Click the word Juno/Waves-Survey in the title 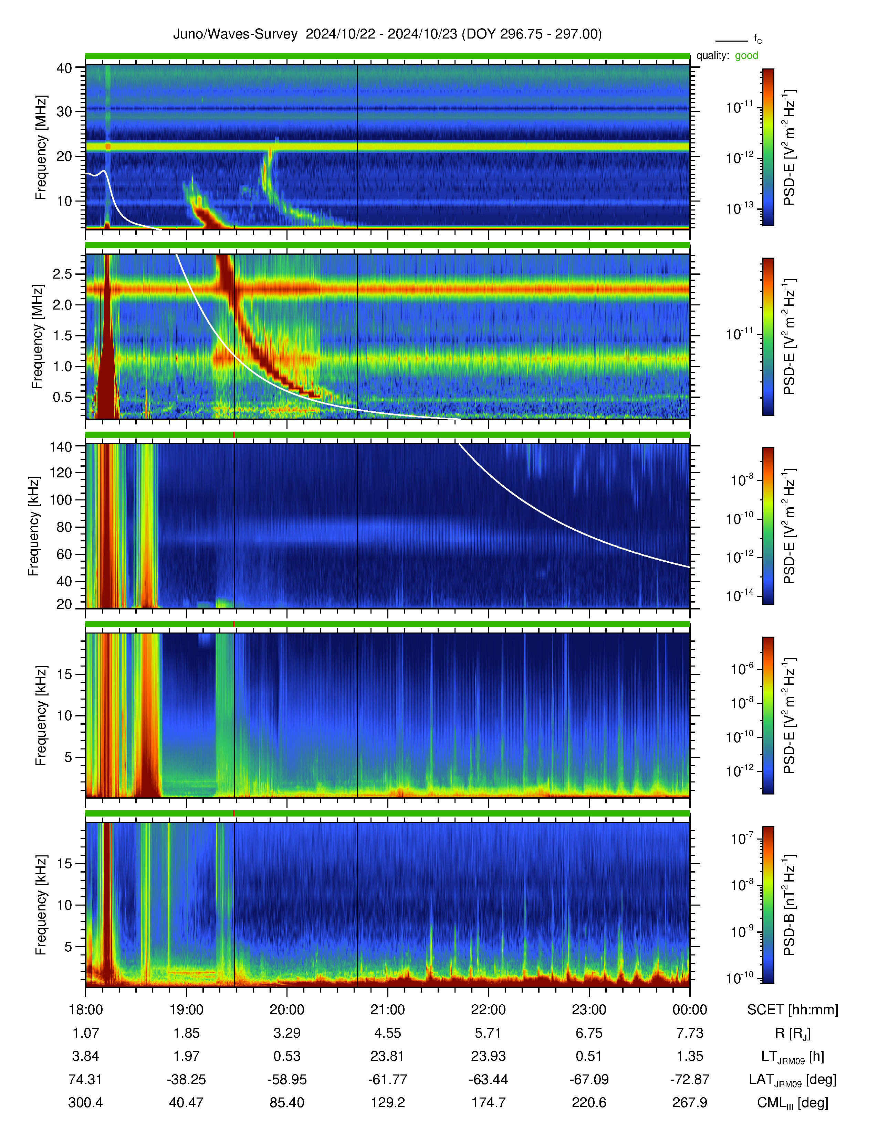(x=235, y=34)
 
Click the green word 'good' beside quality (x=746, y=56)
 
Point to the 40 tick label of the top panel (x=64, y=68)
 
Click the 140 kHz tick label (x=60, y=446)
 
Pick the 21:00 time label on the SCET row (x=387, y=1010)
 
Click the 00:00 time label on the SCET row (x=690, y=1010)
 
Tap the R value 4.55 (x=387, y=1033)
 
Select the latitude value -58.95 (x=287, y=1079)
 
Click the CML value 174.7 (x=489, y=1102)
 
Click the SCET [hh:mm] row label (x=793, y=1010)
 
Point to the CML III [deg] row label (x=793, y=1103)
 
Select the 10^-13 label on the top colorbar (x=740, y=208)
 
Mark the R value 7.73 (x=690, y=1033)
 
